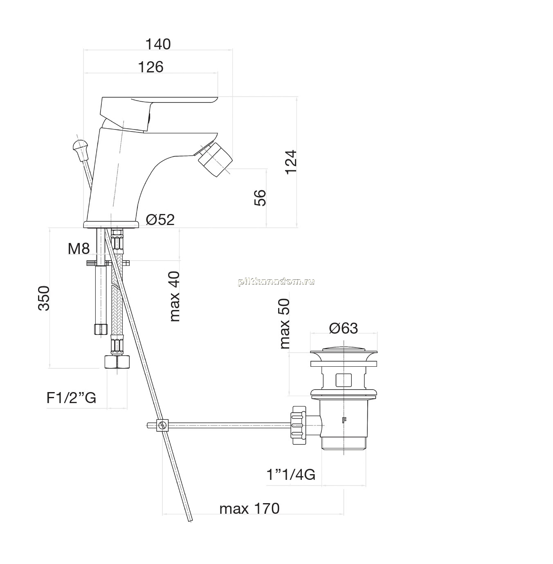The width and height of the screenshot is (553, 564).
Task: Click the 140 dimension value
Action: (158, 45)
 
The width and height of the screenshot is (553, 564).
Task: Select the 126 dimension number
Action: (151, 67)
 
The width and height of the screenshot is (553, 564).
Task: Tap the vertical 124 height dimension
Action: (291, 162)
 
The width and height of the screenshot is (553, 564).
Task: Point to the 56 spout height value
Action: (260, 198)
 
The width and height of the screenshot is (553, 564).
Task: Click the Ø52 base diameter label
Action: (160, 219)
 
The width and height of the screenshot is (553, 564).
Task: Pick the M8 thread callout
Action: (79, 249)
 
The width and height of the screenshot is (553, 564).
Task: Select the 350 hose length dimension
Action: (44, 298)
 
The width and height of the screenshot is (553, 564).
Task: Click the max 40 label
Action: (175, 296)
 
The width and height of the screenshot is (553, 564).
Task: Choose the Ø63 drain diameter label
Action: (343, 328)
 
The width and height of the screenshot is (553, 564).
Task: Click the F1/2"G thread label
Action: (71, 398)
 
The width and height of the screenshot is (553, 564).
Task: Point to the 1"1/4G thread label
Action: (290, 475)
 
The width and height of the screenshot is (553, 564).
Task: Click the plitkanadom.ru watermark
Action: (276, 281)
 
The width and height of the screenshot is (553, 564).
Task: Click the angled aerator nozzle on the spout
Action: (215, 158)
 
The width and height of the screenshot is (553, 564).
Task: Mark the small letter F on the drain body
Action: (344, 420)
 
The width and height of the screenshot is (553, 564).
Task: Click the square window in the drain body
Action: (343, 380)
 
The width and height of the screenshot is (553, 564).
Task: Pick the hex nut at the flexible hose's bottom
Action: (117, 362)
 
